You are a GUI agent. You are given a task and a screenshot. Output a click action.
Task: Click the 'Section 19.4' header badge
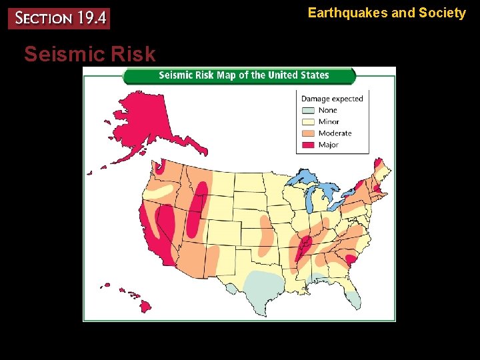[x=59, y=18]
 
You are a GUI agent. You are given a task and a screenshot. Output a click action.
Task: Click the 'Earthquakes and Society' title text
[x=387, y=13]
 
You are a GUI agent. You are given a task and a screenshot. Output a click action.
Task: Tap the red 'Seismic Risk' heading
[x=89, y=54]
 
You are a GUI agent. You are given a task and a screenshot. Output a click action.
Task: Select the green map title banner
[x=239, y=75]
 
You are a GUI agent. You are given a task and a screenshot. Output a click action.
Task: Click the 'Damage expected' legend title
[x=332, y=99]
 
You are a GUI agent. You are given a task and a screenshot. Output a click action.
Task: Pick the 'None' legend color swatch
[x=307, y=111]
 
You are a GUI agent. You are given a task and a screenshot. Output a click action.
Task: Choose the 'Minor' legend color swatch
[x=307, y=122]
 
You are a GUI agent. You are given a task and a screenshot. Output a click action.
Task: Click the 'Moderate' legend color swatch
[x=307, y=133]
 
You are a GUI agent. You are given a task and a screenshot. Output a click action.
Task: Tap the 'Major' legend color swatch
[x=307, y=145]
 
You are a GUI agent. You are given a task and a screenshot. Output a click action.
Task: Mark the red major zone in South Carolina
[x=351, y=260]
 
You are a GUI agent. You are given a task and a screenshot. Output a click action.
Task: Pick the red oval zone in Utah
[x=197, y=207]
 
